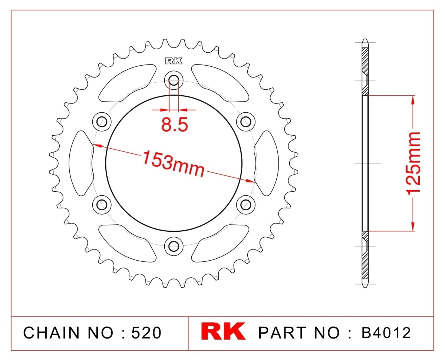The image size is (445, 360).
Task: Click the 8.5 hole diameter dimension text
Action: click(174, 125)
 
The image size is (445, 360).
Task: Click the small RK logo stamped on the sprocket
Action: click(174, 61)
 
